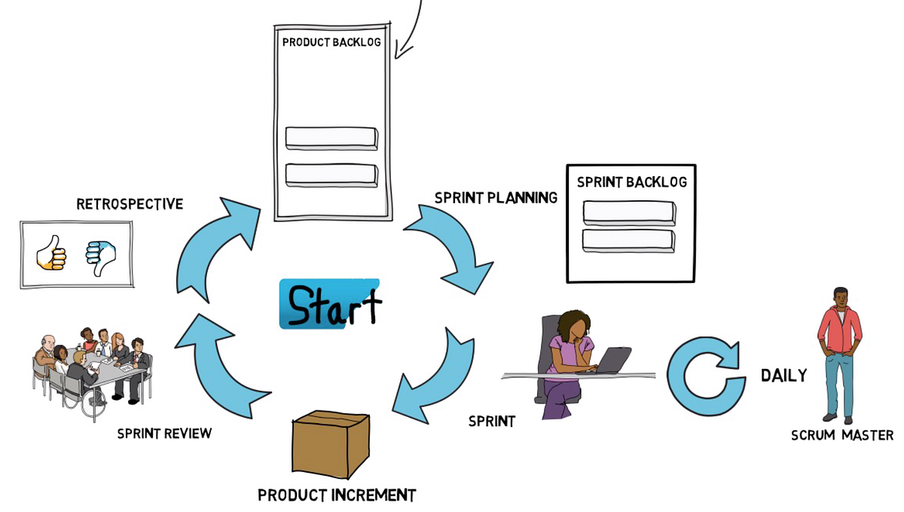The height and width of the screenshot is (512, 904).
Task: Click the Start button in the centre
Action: [x=330, y=304]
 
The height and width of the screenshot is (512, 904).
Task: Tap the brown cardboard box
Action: [x=330, y=444]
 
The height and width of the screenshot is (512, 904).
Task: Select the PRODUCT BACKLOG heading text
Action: [x=331, y=42]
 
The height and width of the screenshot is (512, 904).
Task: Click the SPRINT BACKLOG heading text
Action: [x=631, y=182]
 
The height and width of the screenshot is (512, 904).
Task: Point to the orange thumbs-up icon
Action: [x=52, y=254]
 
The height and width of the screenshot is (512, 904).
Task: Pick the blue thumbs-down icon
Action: [x=100, y=255]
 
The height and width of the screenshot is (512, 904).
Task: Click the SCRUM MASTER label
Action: [x=842, y=435]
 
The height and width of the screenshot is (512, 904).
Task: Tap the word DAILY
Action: [x=783, y=375]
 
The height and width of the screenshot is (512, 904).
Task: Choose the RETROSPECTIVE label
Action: [x=130, y=204]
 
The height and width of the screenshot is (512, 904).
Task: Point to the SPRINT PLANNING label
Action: [x=496, y=198]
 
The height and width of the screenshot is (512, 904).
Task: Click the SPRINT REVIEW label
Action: [x=164, y=434]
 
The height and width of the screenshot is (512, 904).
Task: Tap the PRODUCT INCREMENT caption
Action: [x=337, y=495]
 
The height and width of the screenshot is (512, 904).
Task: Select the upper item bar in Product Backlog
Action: [x=331, y=138]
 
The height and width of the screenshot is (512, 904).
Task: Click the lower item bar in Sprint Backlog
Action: [x=628, y=240]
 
